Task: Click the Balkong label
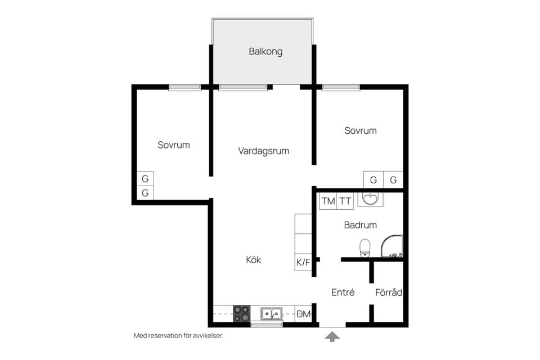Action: pos(265,52)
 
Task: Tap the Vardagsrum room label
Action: pos(263,151)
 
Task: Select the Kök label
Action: pos(254,260)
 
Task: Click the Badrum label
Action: pos(360,225)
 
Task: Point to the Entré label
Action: pos(343,292)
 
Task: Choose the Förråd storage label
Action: pos(389,292)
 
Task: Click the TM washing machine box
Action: pos(327,201)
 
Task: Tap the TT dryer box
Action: pos(345,201)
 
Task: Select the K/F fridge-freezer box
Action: pos(303,262)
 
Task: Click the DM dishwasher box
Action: pos(303,314)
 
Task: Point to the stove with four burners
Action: pos(241,313)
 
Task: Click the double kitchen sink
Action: pos(272,313)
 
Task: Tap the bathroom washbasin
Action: pos(370,199)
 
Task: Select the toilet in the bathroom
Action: pos(365,247)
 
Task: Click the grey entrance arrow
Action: pos(333,336)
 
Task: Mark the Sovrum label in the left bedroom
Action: pos(173,145)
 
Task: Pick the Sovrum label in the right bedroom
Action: pos(361,130)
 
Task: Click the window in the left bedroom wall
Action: pos(184,87)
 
